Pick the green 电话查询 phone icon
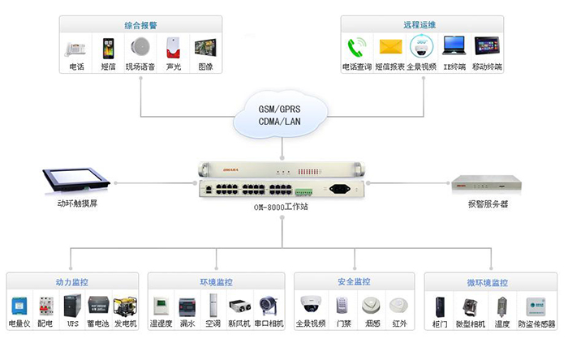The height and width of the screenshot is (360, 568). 356,46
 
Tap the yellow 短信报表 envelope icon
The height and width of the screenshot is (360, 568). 391,46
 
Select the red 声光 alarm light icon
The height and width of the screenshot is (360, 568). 172,47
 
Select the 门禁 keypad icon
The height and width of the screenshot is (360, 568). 344,306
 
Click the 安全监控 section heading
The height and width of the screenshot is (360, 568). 354,281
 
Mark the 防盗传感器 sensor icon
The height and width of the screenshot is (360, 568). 536,306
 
